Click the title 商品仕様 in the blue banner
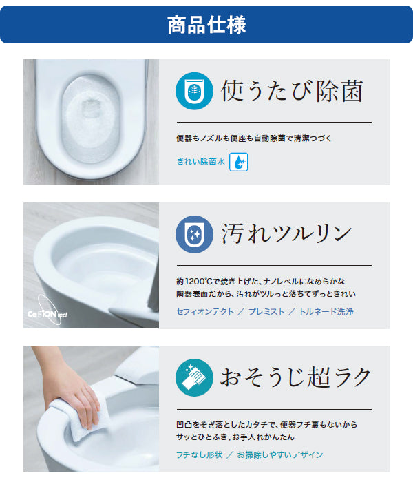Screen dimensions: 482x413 click(206, 25)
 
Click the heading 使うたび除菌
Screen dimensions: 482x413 click(291, 90)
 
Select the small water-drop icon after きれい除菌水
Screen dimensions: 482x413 click(238, 162)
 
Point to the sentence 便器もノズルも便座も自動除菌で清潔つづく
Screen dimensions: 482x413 click(254, 138)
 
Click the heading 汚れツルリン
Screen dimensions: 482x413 click(286, 233)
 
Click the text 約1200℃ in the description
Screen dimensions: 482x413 click(195, 282)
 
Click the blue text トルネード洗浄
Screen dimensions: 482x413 click(326, 312)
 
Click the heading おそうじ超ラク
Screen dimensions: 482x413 click(295, 377)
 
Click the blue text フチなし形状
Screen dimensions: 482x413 click(199, 454)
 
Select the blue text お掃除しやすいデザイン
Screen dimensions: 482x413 click(279, 454)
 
